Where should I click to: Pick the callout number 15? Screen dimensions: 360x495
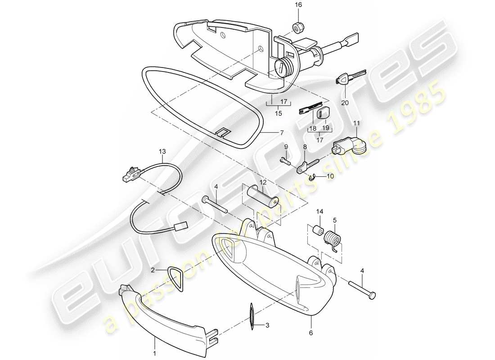point(279,114)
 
